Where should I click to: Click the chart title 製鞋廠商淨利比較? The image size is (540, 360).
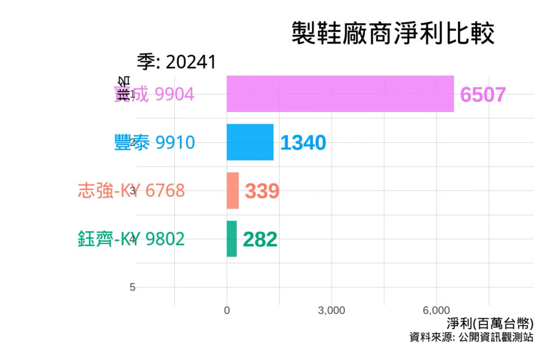click(393, 34)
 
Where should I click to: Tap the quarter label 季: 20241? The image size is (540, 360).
click(177, 62)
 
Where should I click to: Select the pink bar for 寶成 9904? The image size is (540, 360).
click(340, 93)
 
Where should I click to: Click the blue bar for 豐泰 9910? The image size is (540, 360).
click(250, 142)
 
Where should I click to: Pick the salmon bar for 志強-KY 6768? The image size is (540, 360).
click(232, 190)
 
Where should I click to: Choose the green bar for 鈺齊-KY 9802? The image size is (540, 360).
click(232, 239)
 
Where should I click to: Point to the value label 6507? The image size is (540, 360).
click(483, 95)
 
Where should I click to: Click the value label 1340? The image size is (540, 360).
click(303, 143)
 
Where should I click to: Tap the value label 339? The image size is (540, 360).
click(262, 191)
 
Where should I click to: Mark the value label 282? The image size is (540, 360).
click(260, 239)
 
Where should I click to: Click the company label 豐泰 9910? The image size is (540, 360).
click(154, 142)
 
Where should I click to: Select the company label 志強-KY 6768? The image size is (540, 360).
click(131, 190)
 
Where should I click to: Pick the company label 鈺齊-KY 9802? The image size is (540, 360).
click(131, 239)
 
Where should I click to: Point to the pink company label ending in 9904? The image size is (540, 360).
click(154, 94)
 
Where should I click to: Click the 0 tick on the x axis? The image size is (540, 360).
click(226, 311)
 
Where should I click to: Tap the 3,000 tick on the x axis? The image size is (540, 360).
click(332, 311)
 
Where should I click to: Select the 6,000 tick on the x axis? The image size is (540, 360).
click(437, 311)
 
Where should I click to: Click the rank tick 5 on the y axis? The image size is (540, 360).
click(132, 287)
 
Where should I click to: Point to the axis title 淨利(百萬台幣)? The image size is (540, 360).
click(490, 323)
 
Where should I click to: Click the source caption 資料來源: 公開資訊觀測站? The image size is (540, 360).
click(471, 337)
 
